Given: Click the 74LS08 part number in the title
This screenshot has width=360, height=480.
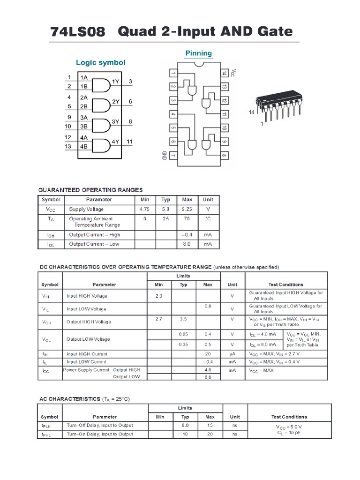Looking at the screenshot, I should tap(77, 32).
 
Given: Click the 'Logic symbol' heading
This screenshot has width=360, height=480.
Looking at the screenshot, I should tap(101, 62).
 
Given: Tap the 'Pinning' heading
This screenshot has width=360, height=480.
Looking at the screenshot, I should tap(198, 53).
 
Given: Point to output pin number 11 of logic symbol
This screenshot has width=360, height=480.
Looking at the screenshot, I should tap(130, 142).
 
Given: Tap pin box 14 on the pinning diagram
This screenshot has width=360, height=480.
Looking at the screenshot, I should tap(225, 73).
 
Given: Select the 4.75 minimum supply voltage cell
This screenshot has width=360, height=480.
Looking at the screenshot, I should tap(144, 209).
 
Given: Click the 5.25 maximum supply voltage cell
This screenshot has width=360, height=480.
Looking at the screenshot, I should tap(187, 209).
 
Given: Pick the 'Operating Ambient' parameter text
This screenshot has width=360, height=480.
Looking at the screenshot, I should tap(91, 218).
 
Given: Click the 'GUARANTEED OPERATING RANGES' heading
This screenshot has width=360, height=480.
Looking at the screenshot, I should tap(90, 190).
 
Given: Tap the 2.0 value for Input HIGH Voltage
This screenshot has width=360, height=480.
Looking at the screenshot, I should tap(158, 296).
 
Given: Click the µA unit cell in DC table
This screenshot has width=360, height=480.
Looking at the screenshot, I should tap(232, 354).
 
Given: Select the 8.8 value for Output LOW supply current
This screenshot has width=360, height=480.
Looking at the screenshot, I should tap(208, 377).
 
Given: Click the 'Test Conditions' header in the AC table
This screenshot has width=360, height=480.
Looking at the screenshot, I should tap(289, 417).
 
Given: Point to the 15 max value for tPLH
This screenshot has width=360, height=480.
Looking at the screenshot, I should tap(210, 425).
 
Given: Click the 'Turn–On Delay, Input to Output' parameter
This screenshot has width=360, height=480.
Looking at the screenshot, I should tap(100, 434).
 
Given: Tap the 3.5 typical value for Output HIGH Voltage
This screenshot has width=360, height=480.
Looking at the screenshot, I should tap(183, 319).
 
